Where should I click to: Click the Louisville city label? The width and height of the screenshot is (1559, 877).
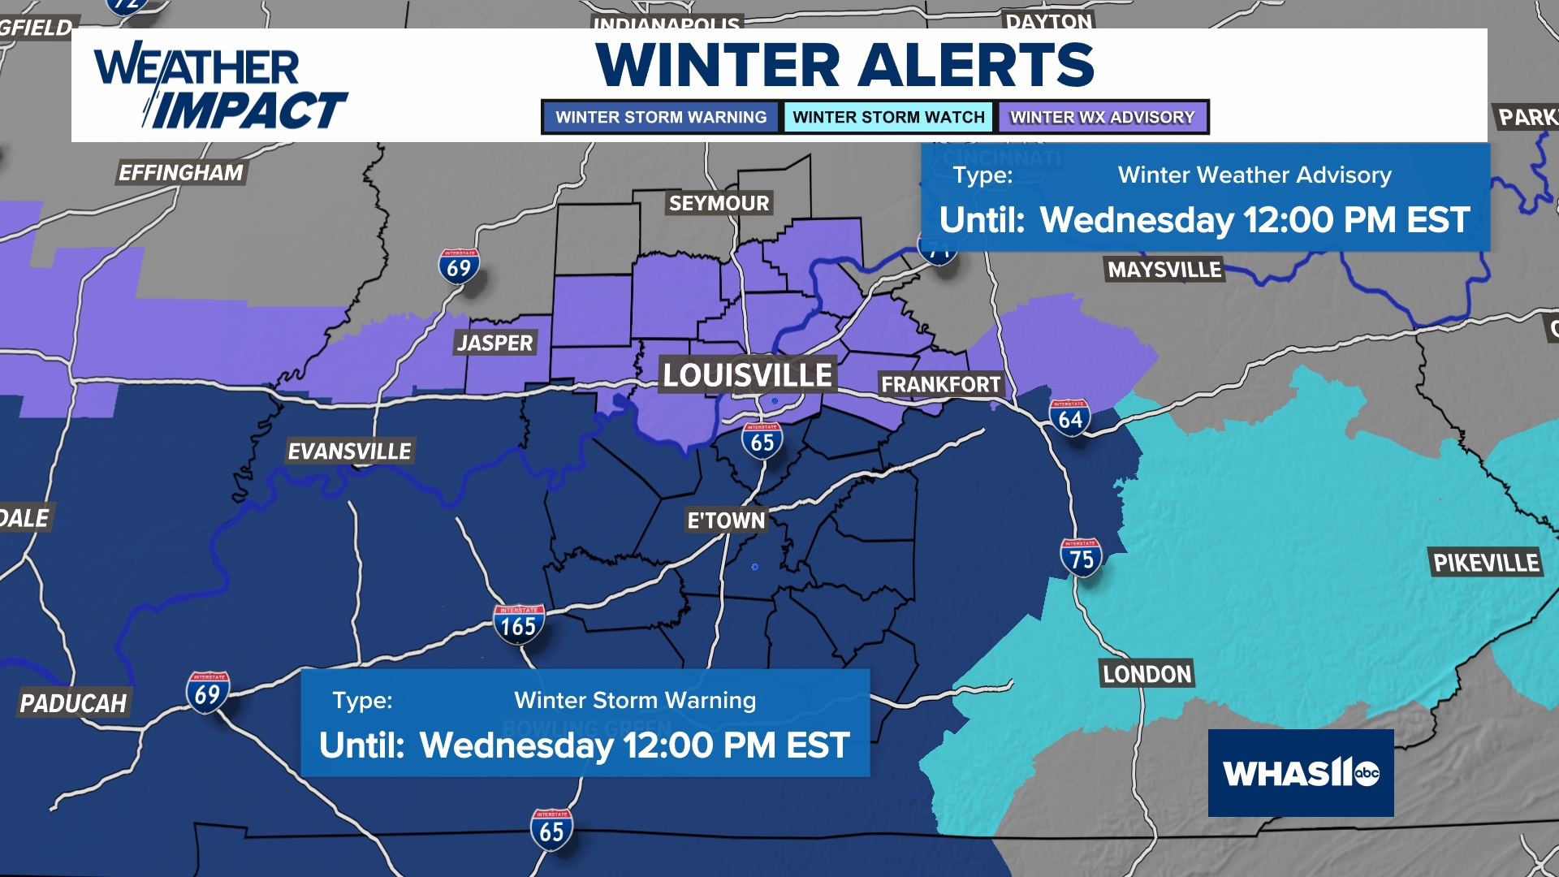point(747,375)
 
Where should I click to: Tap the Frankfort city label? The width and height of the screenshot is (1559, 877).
point(940,384)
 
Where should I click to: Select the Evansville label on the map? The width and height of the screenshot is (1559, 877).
point(350,451)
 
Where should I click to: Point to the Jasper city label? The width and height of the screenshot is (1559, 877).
point(494,343)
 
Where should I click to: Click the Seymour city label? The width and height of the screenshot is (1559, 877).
point(719,203)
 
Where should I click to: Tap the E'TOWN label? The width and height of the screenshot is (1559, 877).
point(726,521)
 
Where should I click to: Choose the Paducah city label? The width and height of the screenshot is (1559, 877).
point(73,703)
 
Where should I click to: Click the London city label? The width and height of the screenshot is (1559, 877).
point(1147,674)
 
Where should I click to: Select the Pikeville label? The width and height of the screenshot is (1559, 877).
point(1485,563)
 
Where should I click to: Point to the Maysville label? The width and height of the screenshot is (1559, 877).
point(1164,270)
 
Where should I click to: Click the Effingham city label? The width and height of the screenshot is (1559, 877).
point(180,172)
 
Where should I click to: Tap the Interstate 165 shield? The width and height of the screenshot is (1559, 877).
point(518,624)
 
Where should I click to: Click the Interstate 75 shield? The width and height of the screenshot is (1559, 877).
point(1081,558)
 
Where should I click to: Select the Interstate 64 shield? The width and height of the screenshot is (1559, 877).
point(1069,418)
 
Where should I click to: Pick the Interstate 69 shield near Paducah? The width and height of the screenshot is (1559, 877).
point(207,693)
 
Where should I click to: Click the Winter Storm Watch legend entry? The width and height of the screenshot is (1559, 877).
point(888,117)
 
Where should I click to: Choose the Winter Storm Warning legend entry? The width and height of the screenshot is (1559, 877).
point(660,117)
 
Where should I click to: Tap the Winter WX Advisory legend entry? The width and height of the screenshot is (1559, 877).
point(1102,117)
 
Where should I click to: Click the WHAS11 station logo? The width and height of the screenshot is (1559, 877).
point(1300,772)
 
